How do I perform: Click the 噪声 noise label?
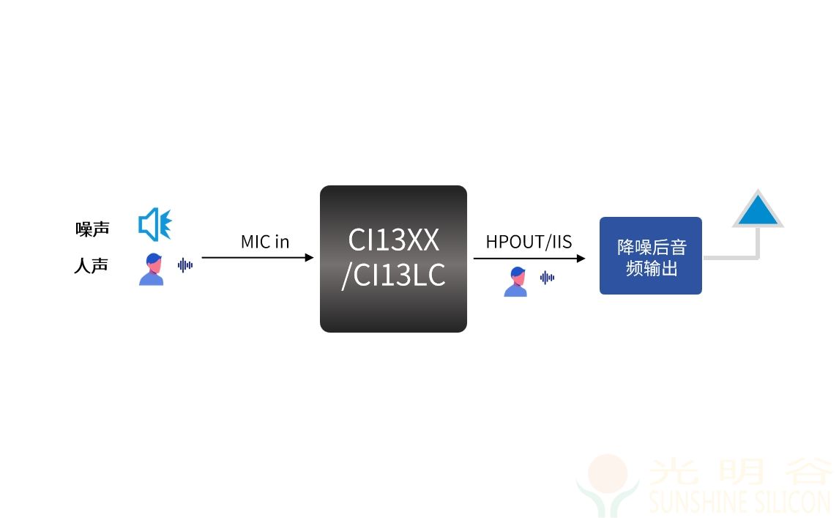coord(92,229)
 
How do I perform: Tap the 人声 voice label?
coord(92,266)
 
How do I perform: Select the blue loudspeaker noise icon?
coord(155,224)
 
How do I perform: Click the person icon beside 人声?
coord(152,269)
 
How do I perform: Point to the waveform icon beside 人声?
coord(185,264)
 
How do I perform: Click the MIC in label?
coord(265,242)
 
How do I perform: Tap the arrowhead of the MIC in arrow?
coord(309,258)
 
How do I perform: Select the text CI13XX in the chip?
coord(394,240)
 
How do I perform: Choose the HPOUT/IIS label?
coord(529,242)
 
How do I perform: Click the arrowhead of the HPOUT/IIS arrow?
coord(581,258)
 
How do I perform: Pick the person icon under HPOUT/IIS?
coord(516,281)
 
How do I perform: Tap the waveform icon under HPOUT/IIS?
coord(547,278)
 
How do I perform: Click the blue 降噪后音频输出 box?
coord(651,256)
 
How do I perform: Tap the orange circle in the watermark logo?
coord(608,473)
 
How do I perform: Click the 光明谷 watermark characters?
coord(740,471)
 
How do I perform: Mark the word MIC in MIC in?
coord(256,242)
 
